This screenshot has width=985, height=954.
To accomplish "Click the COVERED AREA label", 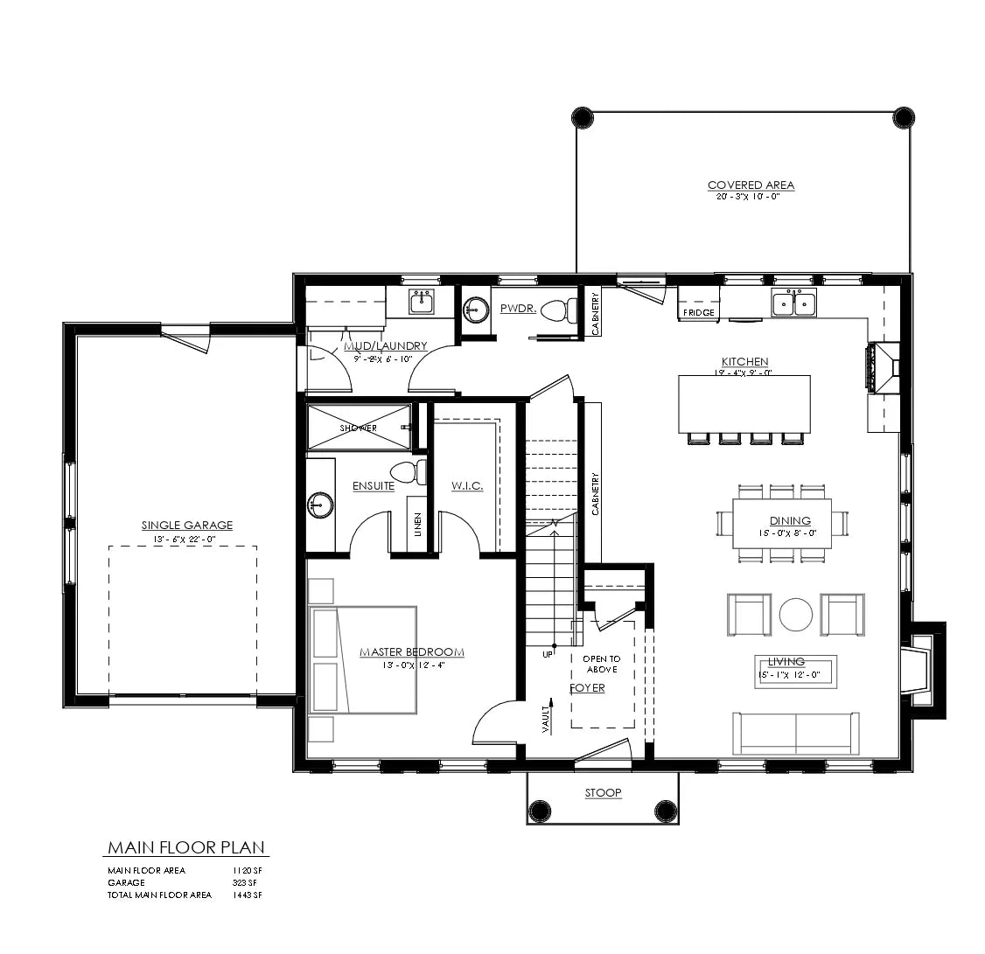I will coord(751,185).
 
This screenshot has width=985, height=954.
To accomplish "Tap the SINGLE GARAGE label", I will coord(187,526).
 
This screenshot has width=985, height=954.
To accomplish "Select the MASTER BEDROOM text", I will coord(411,652).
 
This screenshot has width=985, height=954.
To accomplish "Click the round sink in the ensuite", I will coord(319,505).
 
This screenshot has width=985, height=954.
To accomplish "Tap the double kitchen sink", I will coord(793,303).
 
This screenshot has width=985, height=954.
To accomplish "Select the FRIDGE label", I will coord(699,313).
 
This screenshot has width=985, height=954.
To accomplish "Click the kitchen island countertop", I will coord(744,403).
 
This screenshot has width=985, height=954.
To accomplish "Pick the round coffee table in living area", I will coord(796,614).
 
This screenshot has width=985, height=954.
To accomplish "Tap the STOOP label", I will coord(603,793).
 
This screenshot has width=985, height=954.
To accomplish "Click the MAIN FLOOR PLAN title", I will coord(186,848).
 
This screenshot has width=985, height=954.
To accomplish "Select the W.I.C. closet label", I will coord(466,486).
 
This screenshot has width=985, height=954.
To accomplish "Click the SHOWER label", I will coord(358,428).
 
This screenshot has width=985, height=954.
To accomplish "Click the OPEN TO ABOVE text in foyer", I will coord(602,664).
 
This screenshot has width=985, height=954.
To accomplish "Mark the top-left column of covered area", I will coord(582,117).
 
